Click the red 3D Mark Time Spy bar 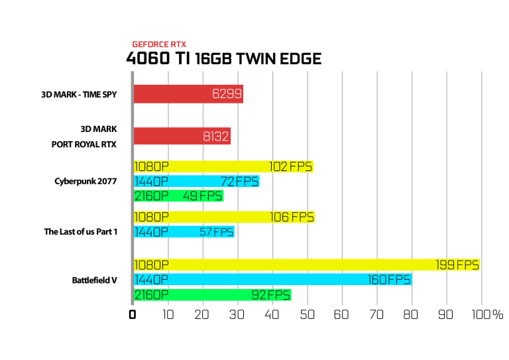[x=188, y=94]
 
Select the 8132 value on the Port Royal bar [x=216, y=137]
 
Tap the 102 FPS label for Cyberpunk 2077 [x=290, y=166]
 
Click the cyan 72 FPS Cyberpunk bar [x=196, y=182]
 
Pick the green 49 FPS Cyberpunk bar [x=178, y=196]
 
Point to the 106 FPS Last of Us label [x=292, y=217]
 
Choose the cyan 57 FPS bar [x=184, y=232]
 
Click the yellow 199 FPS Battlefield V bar [x=307, y=265]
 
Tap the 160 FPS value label [x=389, y=280]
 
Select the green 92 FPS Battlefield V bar [x=212, y=295]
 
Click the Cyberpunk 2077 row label [x=85, y=181]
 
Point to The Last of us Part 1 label [x=80, y=232]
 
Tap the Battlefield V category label [x=95, y=280]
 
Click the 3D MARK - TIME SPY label [x=79, y=94]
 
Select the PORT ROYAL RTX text [x=84, y=144]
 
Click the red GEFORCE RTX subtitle [x=159, y=44]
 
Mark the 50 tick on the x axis [x=307, y=314]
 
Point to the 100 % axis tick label [x=487, y=314]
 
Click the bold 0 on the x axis [x=132, y=314]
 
